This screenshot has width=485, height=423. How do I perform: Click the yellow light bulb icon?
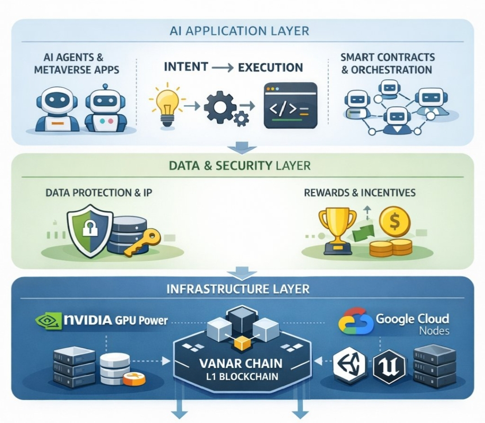click(x=167, y=105)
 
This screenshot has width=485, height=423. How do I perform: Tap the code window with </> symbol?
click(x=291, y=106)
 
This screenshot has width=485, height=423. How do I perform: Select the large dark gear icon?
click(x=219, y=106)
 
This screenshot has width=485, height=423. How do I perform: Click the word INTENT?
click(x=186, y=67)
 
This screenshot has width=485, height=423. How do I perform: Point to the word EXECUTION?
click(x=270, y=67)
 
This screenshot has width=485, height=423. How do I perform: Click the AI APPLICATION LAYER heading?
click(x=239, y=31)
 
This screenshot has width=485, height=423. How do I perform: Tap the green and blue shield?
click(x=90, y=231)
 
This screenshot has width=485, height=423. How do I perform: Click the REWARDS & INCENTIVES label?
click(x=360, y=193)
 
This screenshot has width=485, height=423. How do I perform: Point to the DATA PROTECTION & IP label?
click(x=99, y=193)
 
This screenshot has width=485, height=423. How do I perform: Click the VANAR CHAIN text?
click(x=241, y=363)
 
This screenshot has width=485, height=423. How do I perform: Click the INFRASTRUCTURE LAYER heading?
click(x=238, y=289)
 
